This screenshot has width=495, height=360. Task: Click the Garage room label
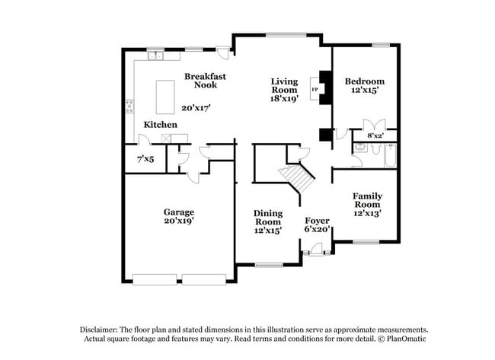point(178,212)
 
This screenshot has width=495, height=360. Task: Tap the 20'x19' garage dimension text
point(178,221)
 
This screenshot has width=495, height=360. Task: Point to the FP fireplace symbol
point(314,90)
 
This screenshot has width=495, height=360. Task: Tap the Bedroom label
point(364,81)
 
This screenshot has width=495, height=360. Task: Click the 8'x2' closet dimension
point(375,135)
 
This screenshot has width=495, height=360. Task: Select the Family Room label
point(366,200)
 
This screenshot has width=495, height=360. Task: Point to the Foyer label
point(316,219)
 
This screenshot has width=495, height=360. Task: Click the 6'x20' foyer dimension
point(316,229)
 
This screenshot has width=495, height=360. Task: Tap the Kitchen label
point(160,124)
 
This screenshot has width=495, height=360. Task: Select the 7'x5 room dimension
point(145,160)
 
